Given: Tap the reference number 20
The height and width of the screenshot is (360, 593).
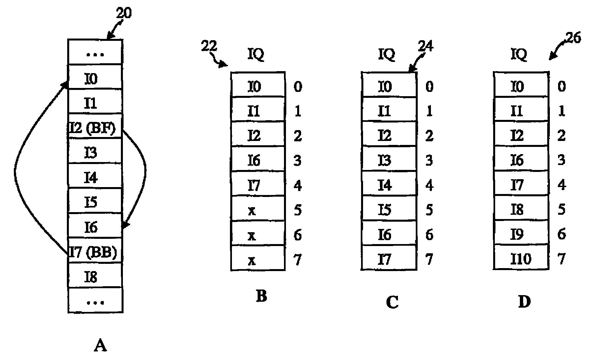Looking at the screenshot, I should coord(123,13).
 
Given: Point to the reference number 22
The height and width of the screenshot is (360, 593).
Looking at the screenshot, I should coord(209,46).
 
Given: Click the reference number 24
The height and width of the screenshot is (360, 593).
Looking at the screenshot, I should coord(426,46).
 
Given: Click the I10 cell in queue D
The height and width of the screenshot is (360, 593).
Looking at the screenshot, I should coord(521,259).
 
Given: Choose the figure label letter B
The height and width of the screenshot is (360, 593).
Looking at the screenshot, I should coord(261,296).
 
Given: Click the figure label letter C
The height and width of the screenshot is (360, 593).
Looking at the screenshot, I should coord(392,302).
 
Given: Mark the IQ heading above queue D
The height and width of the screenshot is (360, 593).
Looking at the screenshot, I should coord(519,54).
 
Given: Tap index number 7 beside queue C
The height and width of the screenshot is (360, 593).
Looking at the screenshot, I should coord(429,259).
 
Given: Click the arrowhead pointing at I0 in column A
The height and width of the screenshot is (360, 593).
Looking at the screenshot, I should coord(65,85).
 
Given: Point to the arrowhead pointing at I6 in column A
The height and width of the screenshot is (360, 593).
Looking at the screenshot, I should coord(125,225).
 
